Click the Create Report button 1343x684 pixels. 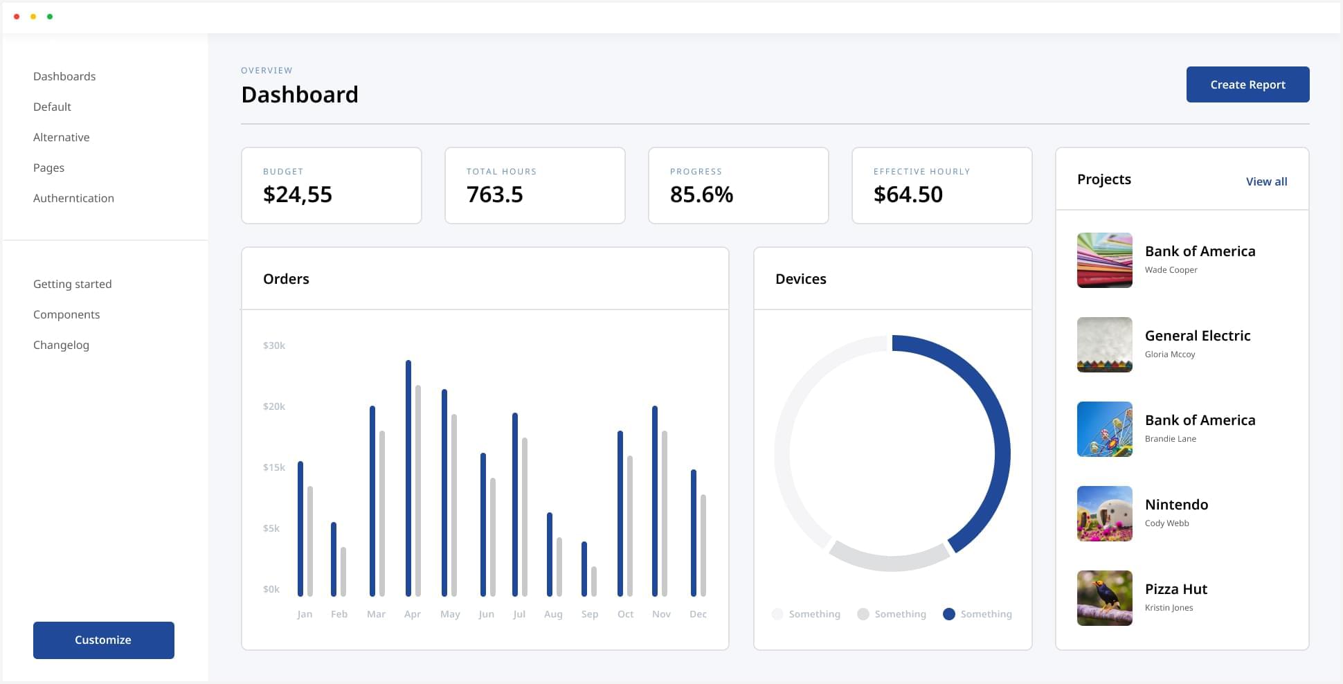click(x=1247, y=84)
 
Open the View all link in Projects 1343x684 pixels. click(x=1266, y=181)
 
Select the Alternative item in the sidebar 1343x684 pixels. click(x=62, y=137)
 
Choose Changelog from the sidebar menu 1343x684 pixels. click(x=61, y=345)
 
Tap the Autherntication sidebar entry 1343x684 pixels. click(x=73, y=198)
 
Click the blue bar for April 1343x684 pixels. click(x=408, y=478)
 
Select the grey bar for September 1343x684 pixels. click(x=594, y=582)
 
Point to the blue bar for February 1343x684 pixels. click(x=334, y=559)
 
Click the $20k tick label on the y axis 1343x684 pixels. click(x=274, y=406)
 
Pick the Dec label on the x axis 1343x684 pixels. click(x=698, y=614)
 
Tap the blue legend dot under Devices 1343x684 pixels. click(x=949, y=614)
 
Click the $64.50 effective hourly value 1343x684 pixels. click(x=908, y=195)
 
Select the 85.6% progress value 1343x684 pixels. click(x=701, y=195)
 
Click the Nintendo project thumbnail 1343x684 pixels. click(x=1105, y=514)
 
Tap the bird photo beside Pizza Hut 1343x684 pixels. click(x=1105, y=598)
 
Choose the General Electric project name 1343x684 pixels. click(x=1198, y=336)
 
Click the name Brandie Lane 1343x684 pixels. click(x=1170, y=439)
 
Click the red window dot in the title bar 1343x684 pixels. click(x=17, y=17)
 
